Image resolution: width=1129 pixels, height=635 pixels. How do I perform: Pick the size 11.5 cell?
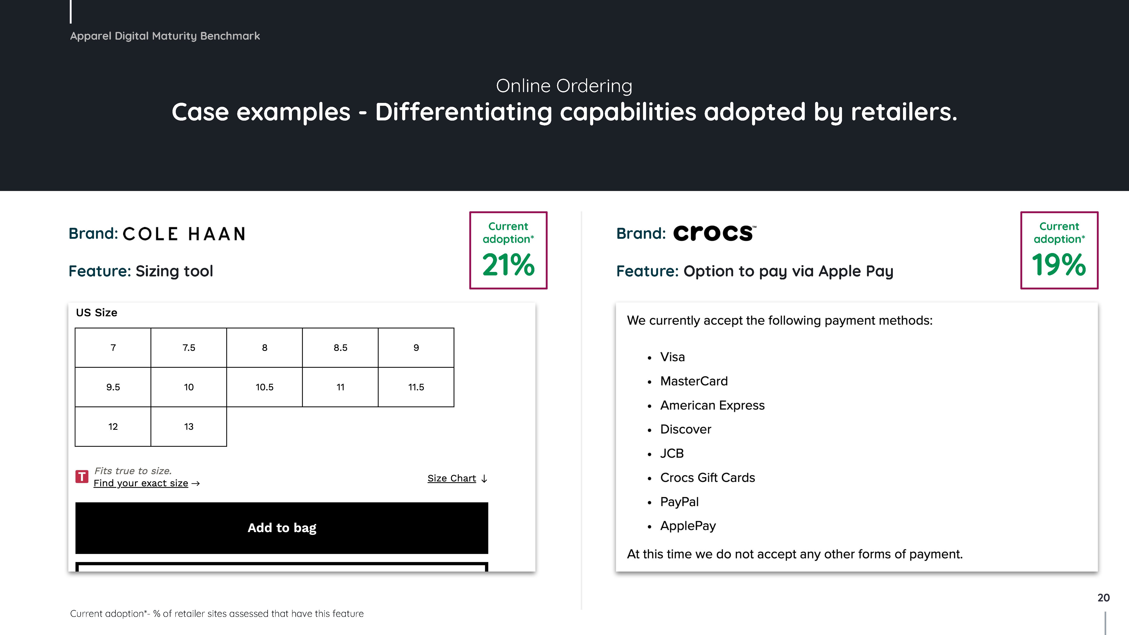coord(416,387)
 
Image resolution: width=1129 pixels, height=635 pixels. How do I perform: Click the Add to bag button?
coord(282,528)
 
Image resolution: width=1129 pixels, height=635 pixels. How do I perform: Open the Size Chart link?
coord(457,478)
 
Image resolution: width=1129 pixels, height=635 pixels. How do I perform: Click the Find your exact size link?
coord(146,483)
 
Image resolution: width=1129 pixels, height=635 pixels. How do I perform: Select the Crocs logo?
coord(714,233)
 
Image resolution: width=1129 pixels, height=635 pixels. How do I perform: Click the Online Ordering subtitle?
coord(564,86)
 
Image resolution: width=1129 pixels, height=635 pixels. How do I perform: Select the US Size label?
coord(96,312)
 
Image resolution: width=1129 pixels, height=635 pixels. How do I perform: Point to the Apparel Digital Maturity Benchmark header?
coord(165,36)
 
